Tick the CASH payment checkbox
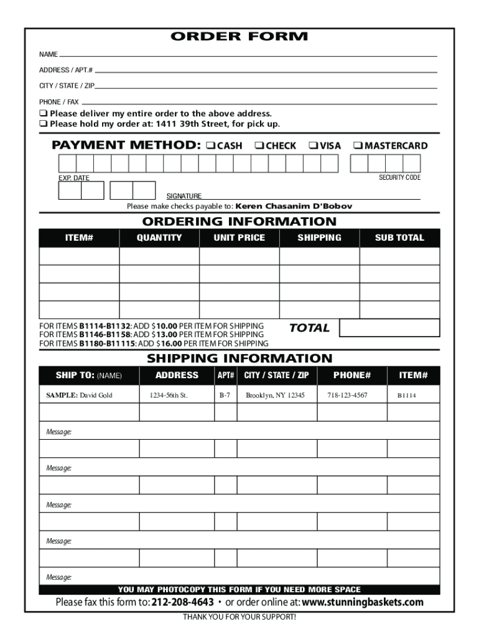[x=210, y=146]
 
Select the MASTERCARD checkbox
[x=358, y=146]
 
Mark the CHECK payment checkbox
[x=258, y=146]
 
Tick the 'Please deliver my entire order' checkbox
[x=44, y=114]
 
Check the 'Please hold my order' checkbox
[x=44, y=124]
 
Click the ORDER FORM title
[x=240, y=37]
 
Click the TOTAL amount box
[x=389, y=328]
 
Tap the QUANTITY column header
[x=159, y=238]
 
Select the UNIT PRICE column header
[x=239, y=238]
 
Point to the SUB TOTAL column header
[x=399, y=238]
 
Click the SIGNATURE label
[x=184, y=196]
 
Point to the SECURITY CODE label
[x=399, y=178]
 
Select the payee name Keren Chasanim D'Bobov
[x=294, y=206]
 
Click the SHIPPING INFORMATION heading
[x=240, y=358]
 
